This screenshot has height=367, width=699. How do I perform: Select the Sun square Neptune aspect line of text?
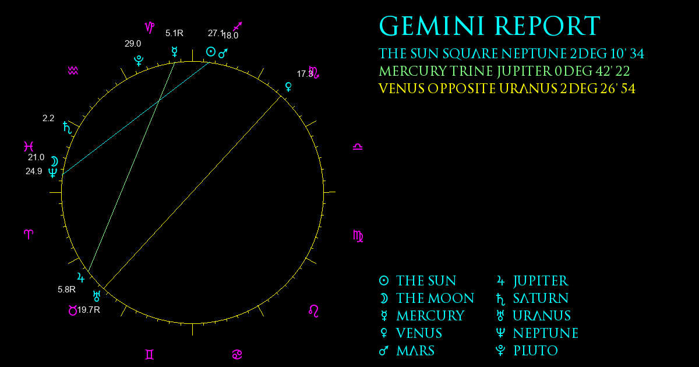coord(511,54)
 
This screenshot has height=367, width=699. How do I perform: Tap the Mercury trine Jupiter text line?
coord(504,71)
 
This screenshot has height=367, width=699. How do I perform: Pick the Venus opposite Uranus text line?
coord(507,89)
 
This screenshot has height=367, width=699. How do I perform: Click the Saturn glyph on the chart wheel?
coord(68,128)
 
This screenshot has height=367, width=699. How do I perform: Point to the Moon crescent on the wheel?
coord(55,161)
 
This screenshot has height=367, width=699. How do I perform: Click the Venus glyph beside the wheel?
coord(289,87)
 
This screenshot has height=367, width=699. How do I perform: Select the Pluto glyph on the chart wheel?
coord(139,61)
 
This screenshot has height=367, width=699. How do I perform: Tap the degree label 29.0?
coord(133,44)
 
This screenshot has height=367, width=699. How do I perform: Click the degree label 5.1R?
coord(174,33)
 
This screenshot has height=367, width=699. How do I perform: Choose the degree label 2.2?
coord(48,118)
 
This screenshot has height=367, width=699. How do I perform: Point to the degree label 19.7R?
coord(89,310)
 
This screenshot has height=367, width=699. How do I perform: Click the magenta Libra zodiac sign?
coord(358,147)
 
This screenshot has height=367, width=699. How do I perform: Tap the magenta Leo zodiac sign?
coord(313,311)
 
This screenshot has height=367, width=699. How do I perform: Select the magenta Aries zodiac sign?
coord(29,234)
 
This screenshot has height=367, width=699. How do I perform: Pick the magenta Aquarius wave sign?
coord(73,71)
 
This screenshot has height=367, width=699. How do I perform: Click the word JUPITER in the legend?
coord(541,281)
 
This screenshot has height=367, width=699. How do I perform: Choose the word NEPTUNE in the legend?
coord(546,333)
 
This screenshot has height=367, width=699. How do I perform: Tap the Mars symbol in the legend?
coord(384,351)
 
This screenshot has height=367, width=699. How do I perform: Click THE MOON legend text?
coord(435,298)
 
